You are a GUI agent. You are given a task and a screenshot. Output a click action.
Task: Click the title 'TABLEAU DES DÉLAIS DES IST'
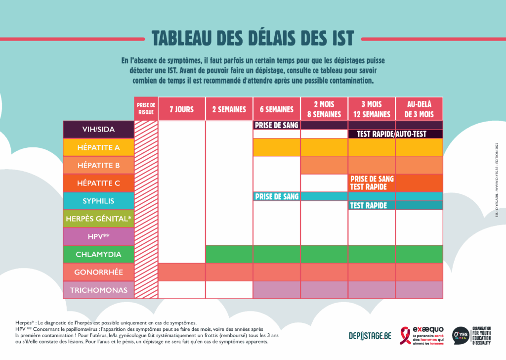253,38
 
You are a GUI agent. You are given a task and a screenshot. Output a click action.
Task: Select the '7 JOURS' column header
181,109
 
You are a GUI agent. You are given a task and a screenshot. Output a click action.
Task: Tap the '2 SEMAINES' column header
229,109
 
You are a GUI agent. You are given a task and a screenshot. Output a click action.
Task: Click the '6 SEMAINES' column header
276,109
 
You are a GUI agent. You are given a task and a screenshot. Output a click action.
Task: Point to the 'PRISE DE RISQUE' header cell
146,109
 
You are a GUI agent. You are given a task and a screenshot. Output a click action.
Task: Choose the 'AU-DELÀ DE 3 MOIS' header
419,109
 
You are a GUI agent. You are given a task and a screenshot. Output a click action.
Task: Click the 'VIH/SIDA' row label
98,130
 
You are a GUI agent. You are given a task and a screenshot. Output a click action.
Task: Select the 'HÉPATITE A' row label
98,147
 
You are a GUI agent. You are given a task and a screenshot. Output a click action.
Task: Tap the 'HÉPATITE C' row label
98,183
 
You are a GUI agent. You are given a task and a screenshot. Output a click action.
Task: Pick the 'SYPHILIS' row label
98,201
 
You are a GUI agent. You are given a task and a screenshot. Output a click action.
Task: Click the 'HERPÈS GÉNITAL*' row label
98,219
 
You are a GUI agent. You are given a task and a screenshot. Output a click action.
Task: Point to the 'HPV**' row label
98,236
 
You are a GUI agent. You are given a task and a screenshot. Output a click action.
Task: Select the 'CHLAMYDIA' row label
98,254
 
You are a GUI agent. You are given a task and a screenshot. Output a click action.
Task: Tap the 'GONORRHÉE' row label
98,272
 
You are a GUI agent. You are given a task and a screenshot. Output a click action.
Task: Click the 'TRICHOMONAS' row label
98,290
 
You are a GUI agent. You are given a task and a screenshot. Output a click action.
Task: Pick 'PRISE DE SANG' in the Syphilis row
277,197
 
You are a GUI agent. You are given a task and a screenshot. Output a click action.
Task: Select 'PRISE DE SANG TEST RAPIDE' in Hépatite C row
372,183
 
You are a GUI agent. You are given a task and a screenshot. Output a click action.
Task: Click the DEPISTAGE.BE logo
370,336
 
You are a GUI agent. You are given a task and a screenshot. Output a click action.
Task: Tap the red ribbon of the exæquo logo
406,334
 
